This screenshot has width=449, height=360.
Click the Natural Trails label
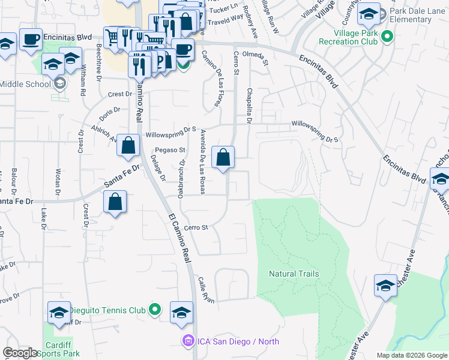(x=294, y=274)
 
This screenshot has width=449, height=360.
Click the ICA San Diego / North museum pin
(x=188, y=341)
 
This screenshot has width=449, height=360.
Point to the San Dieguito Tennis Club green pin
(x=155, y=310)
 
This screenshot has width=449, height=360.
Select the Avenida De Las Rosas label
(x=204, y=162)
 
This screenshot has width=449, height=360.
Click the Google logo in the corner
(x=20, y=353)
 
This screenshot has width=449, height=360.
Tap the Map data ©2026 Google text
(x=411, y=355)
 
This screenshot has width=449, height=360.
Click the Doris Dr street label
(x=110, y=112)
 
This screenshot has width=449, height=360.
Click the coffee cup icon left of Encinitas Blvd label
(x=31, y=40)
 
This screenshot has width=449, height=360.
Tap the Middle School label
(x=25, y=84)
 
